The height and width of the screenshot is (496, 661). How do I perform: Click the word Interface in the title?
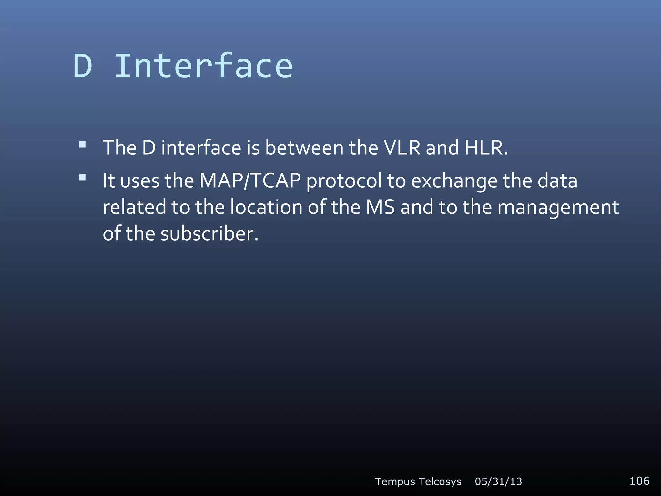(x=204, y=66)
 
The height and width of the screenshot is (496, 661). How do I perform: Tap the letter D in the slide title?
(x=83, y=66)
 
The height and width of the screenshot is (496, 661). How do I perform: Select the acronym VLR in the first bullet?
(x=402, y=148)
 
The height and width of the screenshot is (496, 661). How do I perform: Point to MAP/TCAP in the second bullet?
(x=250, y=181)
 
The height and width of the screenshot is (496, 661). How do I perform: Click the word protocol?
(x=344, y=181)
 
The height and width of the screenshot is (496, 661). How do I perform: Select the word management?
(x=558, y=208)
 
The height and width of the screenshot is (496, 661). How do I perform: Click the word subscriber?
(x=209, y=233)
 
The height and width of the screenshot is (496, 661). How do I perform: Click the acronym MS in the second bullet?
(x=380, y=207)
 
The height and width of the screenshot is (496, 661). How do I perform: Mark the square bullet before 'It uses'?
(x=82, y=177)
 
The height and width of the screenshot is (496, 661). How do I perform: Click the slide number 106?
(x=639, y=481)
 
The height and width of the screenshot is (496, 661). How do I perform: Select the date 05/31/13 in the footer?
(x=498, y=481)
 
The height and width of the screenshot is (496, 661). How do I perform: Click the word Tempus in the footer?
(x=395, y=482)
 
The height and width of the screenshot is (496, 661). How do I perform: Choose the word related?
(x=134, y=207)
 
